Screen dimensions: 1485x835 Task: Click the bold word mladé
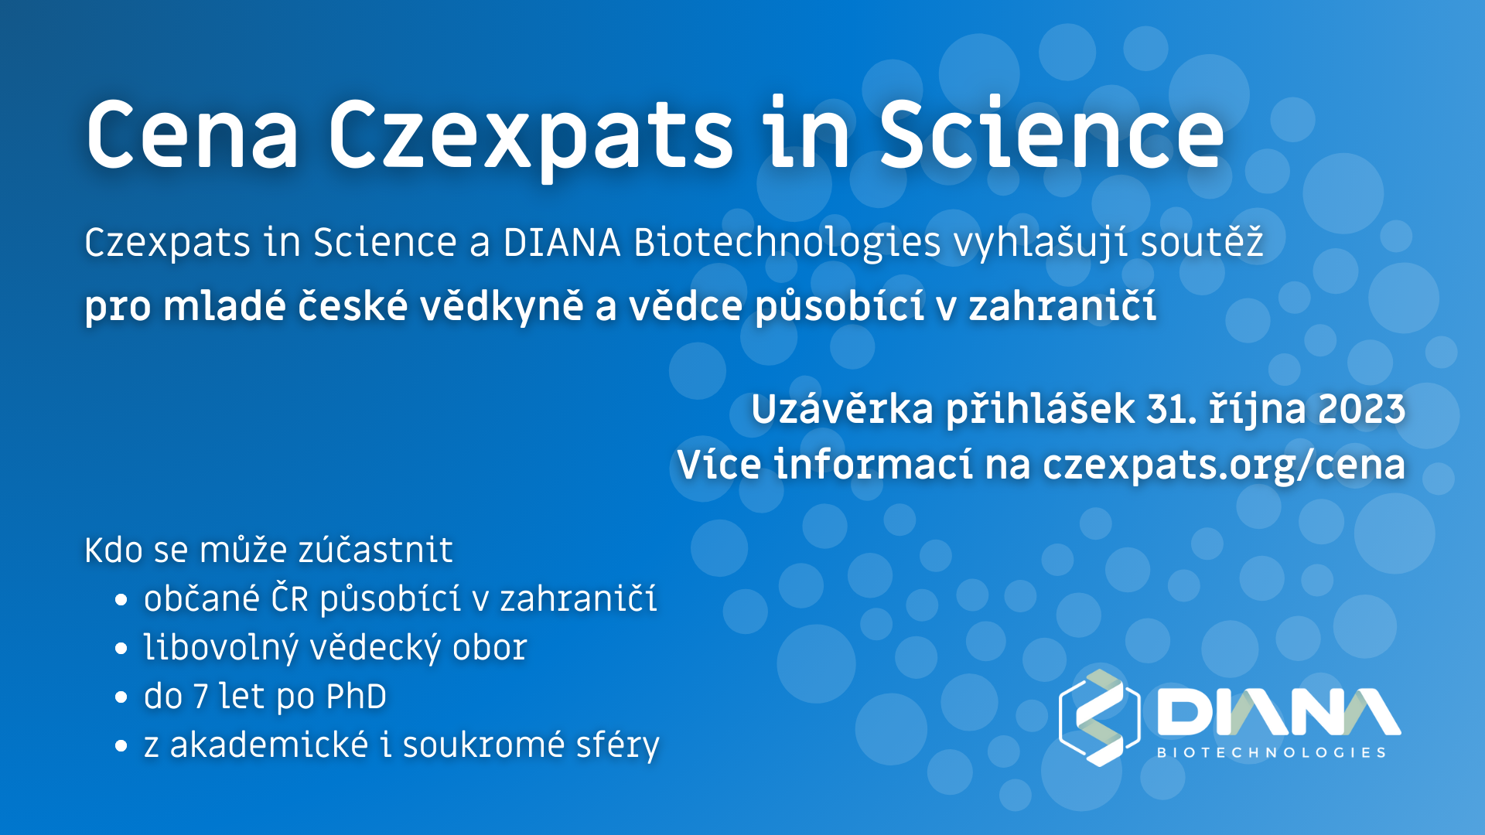tap(224, 305)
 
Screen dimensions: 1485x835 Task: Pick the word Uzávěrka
tap(842, 409)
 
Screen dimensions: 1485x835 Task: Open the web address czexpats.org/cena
tap(1224, 465)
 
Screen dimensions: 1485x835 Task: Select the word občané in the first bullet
tap(202, 598)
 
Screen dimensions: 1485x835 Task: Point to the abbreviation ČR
tap(290, 598)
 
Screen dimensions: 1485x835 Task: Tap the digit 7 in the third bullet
tap(201, 697)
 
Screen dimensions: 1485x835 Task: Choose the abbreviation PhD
tap(357, 697)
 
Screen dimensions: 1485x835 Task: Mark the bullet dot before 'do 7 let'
tap(121, 697)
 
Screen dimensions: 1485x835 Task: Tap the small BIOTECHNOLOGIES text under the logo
tap(1272, 752)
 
